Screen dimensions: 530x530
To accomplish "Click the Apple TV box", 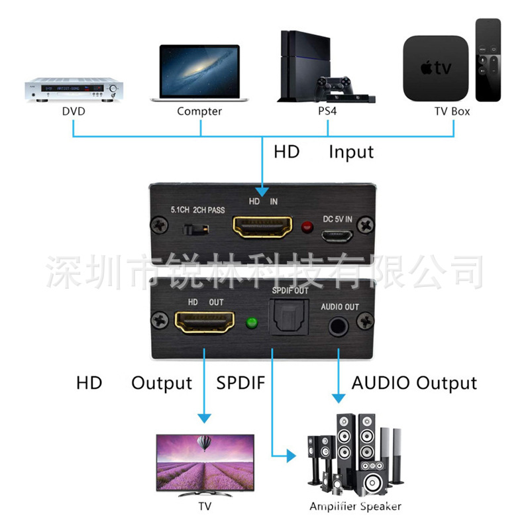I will click(x=435, y=68).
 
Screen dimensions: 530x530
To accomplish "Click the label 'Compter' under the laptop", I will click(x=199, y=111).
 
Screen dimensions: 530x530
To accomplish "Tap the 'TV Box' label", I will click(x=452, y=111).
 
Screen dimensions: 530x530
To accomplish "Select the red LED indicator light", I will click(x=307, y=229).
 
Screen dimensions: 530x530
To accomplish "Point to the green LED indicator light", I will click(x=251, y=324).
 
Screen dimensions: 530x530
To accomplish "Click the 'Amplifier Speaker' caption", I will click(x=355, y=507).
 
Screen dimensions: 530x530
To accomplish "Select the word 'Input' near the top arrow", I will click(x=351, y=152).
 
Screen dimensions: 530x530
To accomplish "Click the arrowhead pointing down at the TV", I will click(x=205, y=418).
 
